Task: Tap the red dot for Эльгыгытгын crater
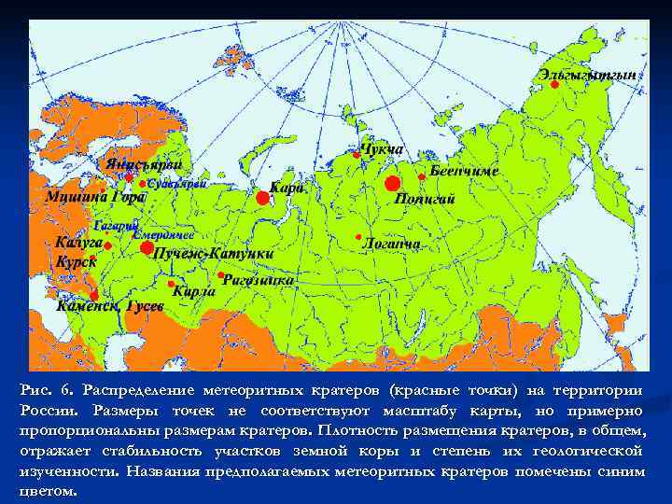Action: (554, 84)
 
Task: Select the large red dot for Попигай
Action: (392, 183)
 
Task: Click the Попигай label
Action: (425, 198)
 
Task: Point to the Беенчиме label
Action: (465, 173)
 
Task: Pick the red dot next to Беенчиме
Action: (422, 176)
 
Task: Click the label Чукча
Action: (382, 149)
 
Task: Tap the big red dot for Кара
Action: (262, 198)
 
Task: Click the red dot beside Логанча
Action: (357, 237)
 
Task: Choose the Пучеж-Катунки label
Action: (214, 254)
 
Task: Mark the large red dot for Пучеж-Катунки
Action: (146, 249)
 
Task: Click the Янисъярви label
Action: (143, 164)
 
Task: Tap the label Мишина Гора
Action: (96, 197)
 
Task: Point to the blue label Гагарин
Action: (116, 226)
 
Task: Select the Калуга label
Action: (78, 242)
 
